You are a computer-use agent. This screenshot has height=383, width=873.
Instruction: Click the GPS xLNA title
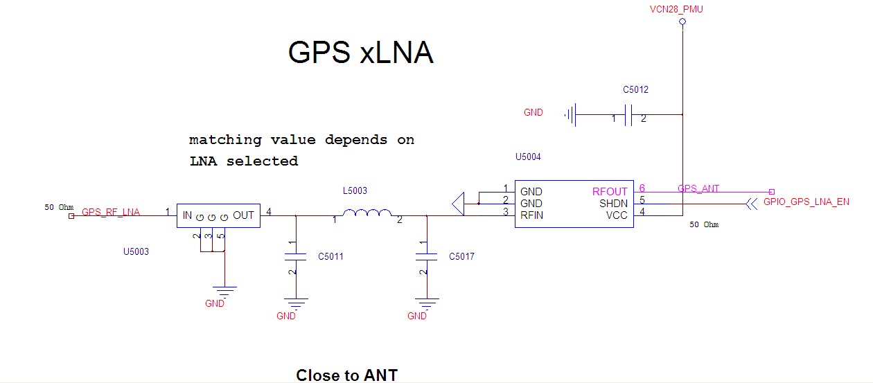[360, 53]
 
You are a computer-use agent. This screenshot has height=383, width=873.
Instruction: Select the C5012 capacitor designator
[635, 90]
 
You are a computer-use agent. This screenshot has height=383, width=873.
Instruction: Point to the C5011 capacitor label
[330, 257]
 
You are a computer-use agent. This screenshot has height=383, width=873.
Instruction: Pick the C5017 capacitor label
[461, 257]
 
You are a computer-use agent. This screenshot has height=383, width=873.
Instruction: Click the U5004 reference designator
[528, 157]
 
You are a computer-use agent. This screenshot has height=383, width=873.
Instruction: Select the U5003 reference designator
[136, 251]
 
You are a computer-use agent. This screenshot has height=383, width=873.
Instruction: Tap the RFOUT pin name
[610, 192]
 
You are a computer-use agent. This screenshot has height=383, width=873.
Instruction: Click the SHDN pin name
[613, 204]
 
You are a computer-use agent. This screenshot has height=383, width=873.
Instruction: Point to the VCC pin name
[617, 215]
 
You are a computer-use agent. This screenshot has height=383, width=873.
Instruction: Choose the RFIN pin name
[532, 215]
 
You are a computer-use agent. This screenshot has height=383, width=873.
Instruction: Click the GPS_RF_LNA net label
[111, 213]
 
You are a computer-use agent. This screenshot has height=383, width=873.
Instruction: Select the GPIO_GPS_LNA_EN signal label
[806, 202]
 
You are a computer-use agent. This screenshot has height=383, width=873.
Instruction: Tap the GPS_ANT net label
[698, 188]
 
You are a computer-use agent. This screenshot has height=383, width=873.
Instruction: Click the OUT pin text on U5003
[244, 215]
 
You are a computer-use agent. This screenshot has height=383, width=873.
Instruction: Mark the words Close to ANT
[346, 375]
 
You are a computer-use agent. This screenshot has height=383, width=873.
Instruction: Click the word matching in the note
[216, 140]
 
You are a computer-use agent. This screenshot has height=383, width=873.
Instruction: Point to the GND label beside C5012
[533, 112]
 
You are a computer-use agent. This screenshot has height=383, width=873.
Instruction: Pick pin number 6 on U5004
[642, 188]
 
